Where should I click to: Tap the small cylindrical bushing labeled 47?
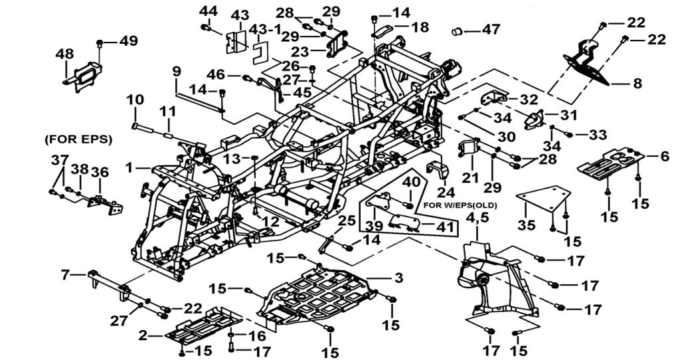pos(458,31)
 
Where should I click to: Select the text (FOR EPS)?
pos(78,139)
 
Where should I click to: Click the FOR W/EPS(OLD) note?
pos(460,205)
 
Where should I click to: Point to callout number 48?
pos(64,54)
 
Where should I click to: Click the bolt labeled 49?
pos(100,43)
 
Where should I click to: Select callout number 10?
pos(135,100)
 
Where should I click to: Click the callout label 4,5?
pos(475,217)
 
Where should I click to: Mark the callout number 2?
pos(143,335)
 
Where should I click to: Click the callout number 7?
pos(66,274)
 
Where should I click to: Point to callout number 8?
pos(637,83)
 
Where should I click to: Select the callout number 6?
pos(664,155)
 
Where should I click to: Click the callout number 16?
pos(257,335)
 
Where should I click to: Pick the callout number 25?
pos(347,221)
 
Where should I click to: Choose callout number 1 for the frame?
pos(128,167)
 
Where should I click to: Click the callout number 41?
pos(444,227)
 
